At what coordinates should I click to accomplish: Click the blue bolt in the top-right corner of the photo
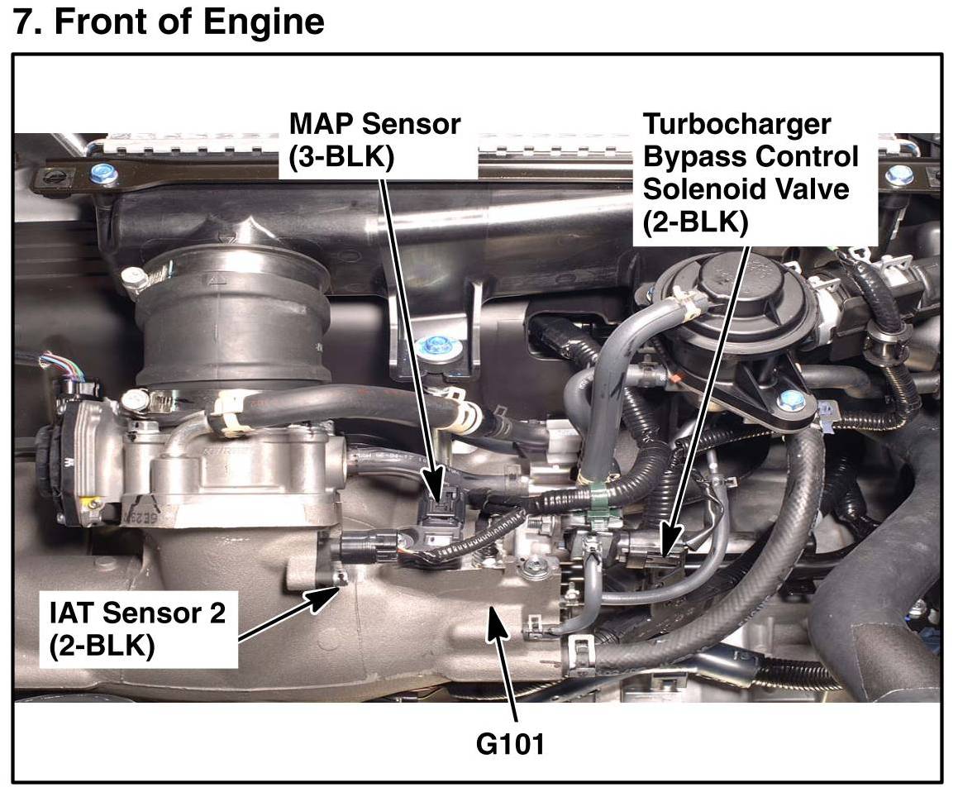pyautogui.click(x=899, y=175)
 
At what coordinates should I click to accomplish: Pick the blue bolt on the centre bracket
pyautogui.click(x=433, y=347)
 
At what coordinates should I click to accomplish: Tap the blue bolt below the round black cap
pyautogui.click(x=791, y=401)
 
